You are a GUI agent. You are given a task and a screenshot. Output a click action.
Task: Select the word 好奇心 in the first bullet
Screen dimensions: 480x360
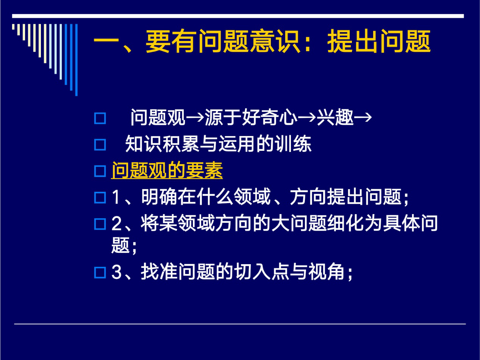(270, 117)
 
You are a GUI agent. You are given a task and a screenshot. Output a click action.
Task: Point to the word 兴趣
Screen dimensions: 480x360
(335, 117)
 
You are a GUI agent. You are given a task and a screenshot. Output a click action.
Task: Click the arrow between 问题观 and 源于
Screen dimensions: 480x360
(195, 118)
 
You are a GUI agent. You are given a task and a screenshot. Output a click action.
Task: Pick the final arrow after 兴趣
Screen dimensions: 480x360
(363, 118)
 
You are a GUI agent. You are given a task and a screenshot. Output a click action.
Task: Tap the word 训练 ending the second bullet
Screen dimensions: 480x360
(293, 144)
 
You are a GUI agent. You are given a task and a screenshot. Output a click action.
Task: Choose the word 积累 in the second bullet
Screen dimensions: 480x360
(181, 144)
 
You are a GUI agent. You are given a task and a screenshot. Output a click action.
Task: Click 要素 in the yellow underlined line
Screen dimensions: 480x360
(204, 171)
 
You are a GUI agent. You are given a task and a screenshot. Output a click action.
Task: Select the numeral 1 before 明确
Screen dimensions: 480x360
(116, 197)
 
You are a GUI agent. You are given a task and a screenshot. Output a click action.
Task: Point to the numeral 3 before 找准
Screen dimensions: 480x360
(116, 272)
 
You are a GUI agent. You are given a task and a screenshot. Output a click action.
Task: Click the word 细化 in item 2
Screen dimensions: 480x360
(346, 223)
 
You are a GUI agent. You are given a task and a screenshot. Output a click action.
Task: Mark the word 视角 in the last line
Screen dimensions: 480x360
(327, 272)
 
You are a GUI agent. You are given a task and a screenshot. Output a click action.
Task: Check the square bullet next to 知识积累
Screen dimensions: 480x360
(100, 145)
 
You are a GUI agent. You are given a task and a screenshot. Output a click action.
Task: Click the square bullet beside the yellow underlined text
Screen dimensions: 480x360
(100, 171)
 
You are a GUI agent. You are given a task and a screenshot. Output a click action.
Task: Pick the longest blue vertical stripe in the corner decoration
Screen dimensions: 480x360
(76, 60)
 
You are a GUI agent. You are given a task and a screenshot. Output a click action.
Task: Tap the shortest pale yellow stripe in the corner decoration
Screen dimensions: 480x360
(13, 27)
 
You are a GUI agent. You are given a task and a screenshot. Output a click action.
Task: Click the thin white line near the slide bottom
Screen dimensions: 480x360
(240, 324)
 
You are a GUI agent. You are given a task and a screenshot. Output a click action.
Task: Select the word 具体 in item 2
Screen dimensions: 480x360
(402, 223)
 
